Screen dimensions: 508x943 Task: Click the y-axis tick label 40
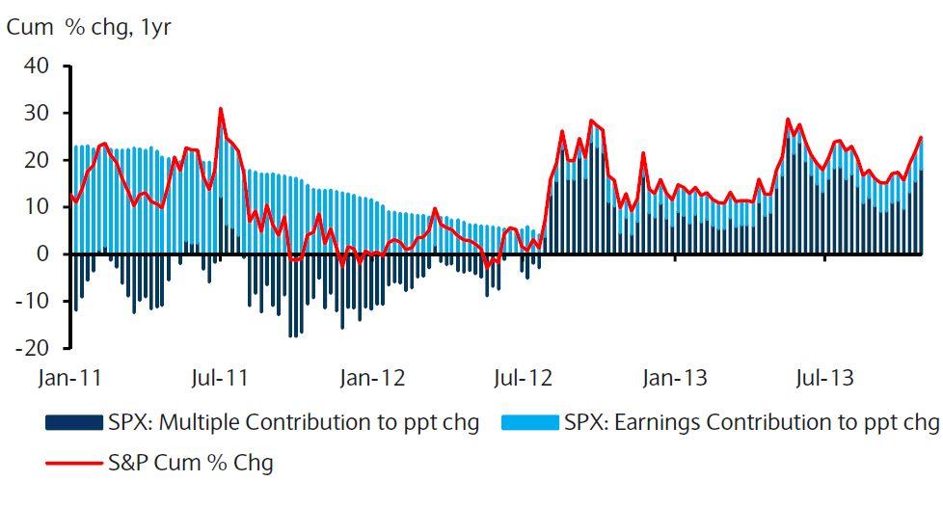37,67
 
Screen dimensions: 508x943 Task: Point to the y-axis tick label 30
37,114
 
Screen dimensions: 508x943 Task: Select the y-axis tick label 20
37,160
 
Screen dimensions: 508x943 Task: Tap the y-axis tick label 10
37,206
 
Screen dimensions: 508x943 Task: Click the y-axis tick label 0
43,254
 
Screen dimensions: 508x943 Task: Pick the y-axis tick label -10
33,300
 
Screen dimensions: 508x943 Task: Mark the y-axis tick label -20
33,347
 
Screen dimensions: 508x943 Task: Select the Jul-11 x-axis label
223,377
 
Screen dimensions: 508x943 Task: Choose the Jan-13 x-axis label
675,377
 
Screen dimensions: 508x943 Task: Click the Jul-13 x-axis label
825,377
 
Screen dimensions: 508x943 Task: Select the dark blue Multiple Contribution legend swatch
73,423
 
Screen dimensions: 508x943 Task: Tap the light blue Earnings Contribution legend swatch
529,423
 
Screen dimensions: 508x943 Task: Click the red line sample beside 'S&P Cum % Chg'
73,463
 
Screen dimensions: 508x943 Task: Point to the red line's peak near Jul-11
220,108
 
